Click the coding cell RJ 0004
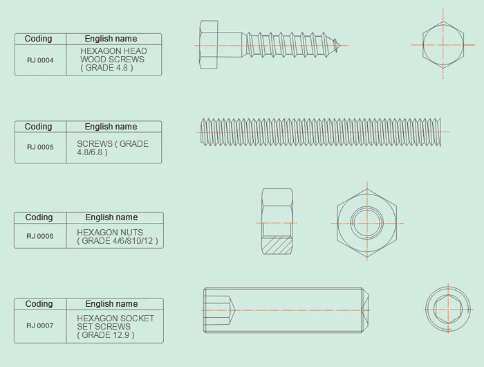[x=40, y=60]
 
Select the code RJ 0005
[x=40, y=147]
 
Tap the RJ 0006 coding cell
[x=40, y=236]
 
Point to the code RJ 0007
[x=40, y=325]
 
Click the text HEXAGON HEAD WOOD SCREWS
[x=113, y=55]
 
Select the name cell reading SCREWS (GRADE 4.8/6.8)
[x=113, y=148]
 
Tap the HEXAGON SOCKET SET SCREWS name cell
[x=115, y=327]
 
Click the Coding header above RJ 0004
[x=38, y=39]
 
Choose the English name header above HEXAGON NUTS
[x=111, y=217]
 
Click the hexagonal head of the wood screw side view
[x=209, y=45]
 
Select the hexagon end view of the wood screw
[x=443, y=45]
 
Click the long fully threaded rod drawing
[x=321, y=132]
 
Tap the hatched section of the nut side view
[x=277, y=246]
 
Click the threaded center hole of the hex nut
[x=367, y=223]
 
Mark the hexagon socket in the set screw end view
[x=448, y=309]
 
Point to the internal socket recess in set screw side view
[x=220, y=310]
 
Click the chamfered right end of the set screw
[x=365, y=310]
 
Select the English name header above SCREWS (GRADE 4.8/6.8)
[x=111, y=127]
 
